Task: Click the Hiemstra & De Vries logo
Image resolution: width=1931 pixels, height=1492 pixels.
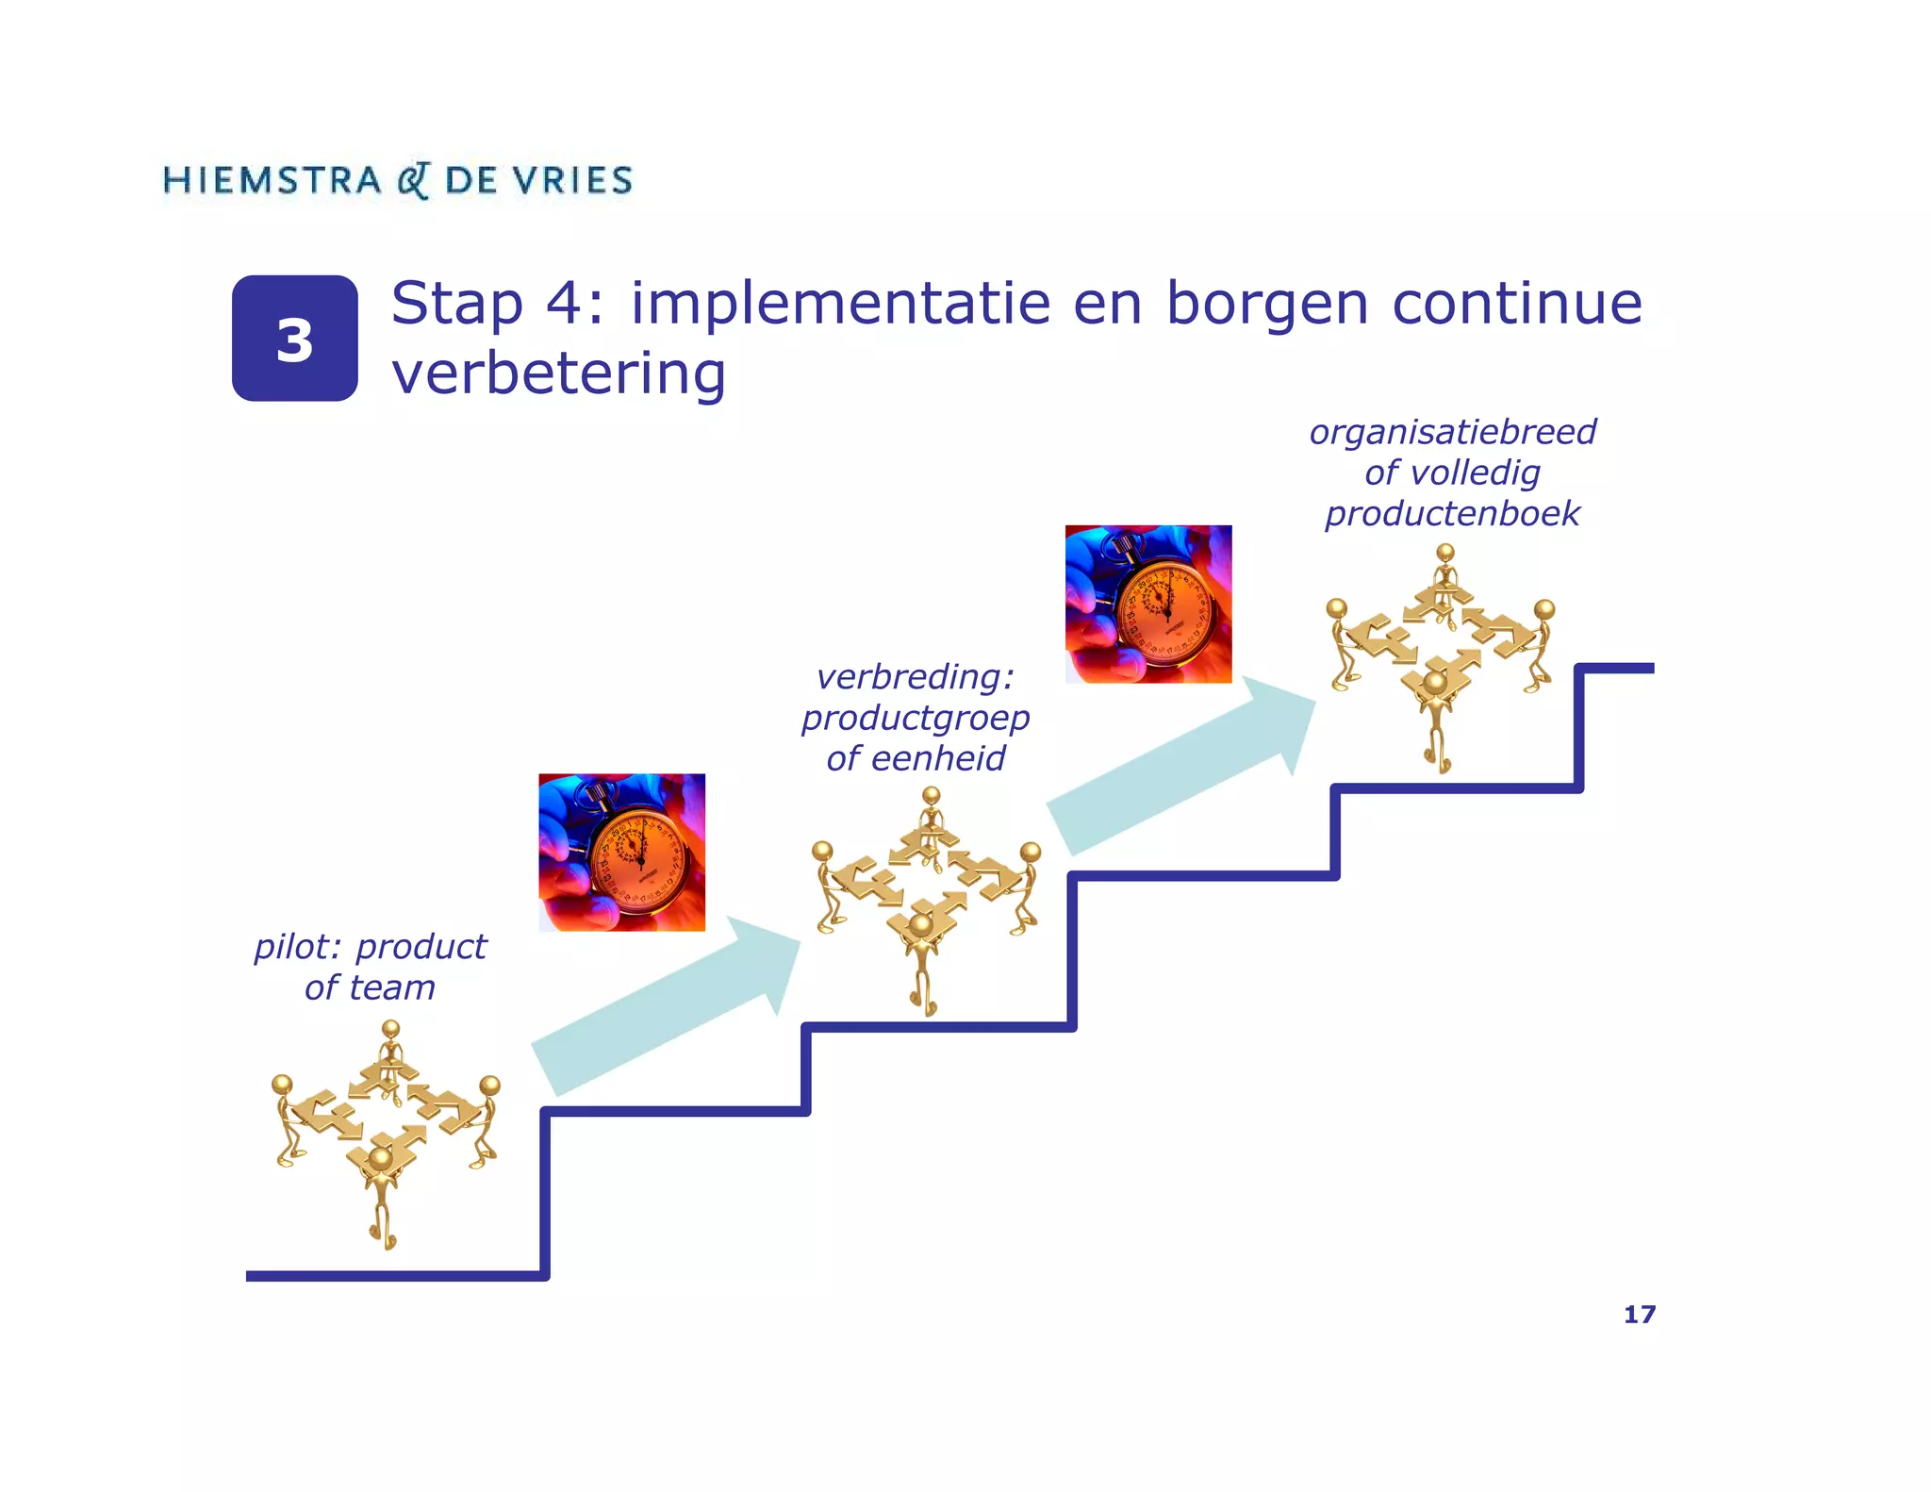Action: [397, 180]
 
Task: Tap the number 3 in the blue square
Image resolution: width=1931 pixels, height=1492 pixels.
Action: [294, 340]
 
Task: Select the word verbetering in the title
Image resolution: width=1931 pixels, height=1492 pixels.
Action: [558, 373]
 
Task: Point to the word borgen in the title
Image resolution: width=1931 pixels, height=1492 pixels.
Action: [1266, 306]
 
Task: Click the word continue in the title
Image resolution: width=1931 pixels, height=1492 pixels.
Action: [1516, 304]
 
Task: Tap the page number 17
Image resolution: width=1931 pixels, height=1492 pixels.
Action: [1639, 1315]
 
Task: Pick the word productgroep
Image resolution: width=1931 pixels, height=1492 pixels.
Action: [916, 719]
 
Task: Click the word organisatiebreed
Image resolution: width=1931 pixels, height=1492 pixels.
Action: [1452, 432]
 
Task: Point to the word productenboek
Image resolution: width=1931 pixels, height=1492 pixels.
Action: [1452, 514]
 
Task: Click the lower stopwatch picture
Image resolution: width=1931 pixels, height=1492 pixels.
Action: [621, 853]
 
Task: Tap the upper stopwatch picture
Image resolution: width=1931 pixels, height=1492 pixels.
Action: [1147, 604]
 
